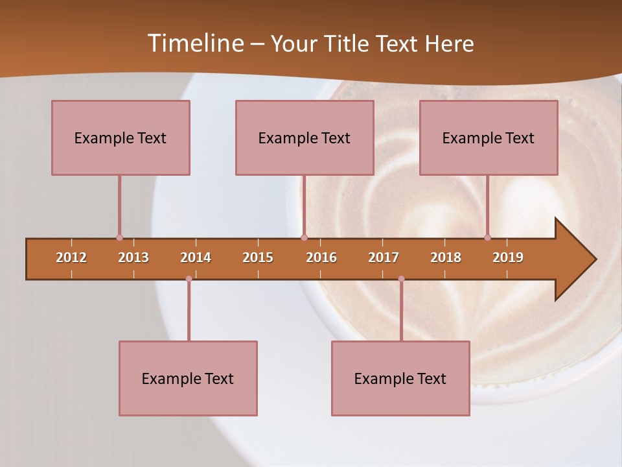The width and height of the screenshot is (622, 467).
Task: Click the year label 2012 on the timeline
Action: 71,257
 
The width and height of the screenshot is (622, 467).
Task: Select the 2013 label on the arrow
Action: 133,257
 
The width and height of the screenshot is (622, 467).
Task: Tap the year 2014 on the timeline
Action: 196,257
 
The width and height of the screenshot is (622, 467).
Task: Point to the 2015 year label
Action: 258,257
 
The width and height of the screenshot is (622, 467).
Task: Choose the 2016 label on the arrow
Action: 321,257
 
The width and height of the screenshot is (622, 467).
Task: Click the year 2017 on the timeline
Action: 384,257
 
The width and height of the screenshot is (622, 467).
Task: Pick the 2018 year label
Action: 446,257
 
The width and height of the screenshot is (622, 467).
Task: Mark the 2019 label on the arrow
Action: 508,257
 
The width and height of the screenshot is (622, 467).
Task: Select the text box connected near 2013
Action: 121,138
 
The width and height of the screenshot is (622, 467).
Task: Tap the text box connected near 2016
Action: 305,138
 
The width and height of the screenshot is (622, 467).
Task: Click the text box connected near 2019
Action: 489,138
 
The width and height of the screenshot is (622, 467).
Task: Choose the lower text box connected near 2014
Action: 188,378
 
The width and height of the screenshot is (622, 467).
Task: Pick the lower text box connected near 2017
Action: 400,378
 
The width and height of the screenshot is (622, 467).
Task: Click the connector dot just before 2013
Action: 119,238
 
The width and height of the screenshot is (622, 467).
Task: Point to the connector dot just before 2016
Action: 305,238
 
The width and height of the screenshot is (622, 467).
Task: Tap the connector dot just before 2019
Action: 487,238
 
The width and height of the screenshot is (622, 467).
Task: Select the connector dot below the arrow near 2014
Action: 189,279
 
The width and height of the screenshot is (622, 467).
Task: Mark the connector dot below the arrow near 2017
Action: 401,279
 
